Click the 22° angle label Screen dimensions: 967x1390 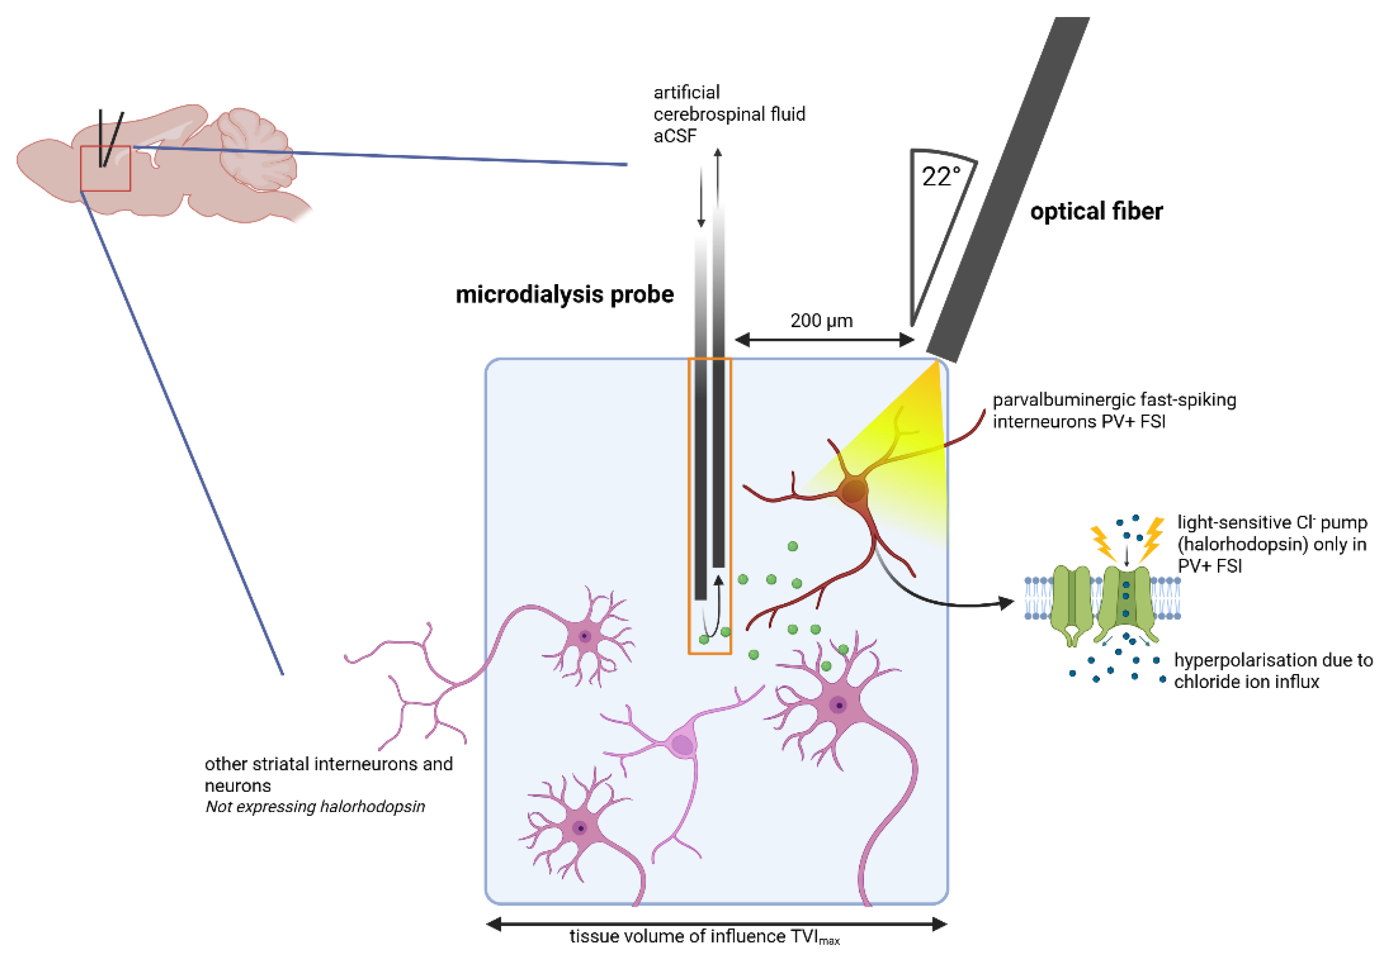click(940, 177)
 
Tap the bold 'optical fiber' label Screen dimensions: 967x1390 click(1096, 211)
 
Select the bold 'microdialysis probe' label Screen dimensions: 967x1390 click(564, 295)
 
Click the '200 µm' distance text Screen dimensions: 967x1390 click(822, 321)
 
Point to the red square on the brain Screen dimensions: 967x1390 click(105, 169)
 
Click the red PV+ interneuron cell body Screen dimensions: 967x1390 click(853, 491)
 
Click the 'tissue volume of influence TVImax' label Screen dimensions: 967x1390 click(704, 937)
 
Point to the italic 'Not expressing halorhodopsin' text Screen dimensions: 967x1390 click(315, 807)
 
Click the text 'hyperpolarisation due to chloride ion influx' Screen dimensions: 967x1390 click(1272, 671)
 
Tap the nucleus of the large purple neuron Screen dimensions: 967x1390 click(839, 705)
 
